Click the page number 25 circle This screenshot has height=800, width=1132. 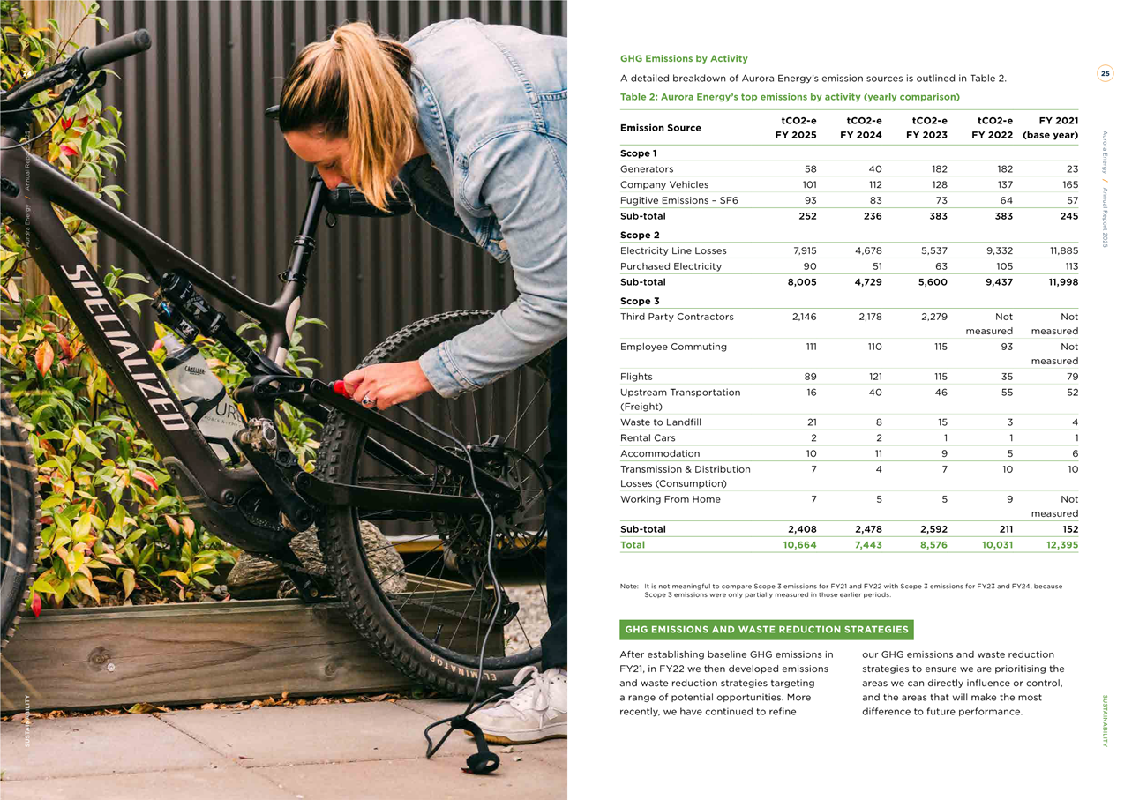pos(1105,73)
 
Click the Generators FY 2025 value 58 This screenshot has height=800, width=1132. pos(810,168)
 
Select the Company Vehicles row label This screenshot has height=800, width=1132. pos(663,184)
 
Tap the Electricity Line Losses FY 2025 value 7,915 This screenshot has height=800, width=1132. pos(798,250)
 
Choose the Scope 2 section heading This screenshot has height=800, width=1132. pos(640,236)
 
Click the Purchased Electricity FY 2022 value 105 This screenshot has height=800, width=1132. pos(1001,266)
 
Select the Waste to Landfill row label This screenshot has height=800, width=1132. pos(660,422)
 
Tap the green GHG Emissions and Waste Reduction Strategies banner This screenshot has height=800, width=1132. pos(766,630)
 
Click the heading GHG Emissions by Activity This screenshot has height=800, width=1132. pos(684,59)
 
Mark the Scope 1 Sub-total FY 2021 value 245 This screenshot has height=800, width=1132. pos(1068,216)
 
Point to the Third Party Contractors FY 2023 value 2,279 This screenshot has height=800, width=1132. pos(931,317)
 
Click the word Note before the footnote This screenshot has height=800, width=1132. pos(629,586)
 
